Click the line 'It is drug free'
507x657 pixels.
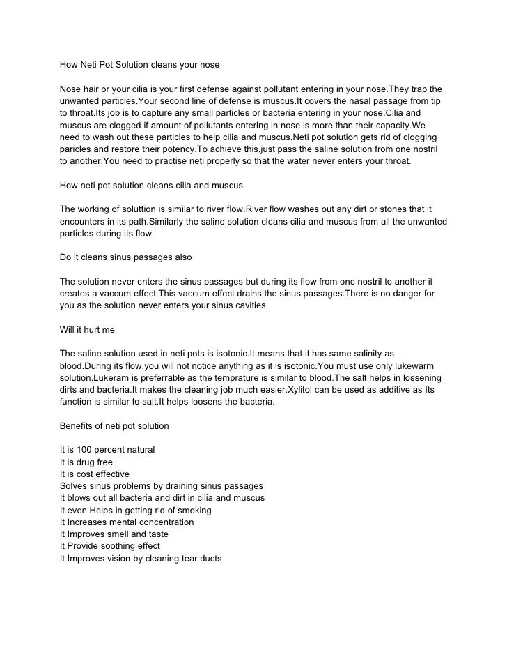(86, 462)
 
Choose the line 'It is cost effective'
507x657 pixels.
(95, 474)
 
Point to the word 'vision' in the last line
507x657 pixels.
(124, 558)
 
